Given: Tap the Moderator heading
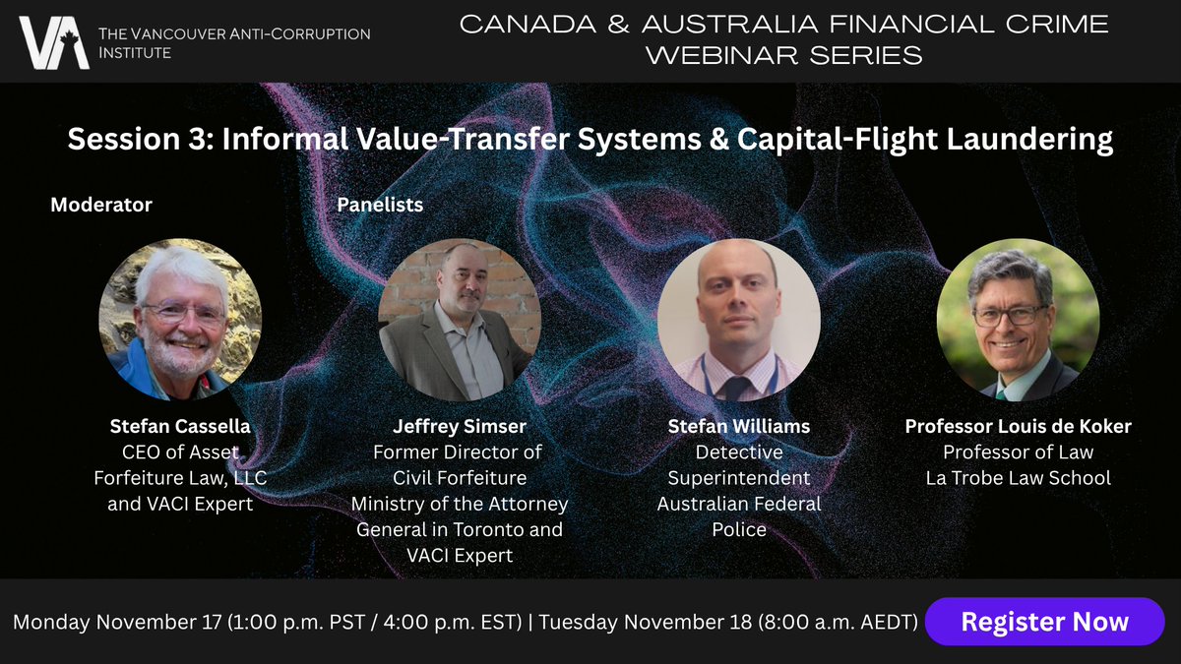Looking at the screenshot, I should pyautogui.click(x=101, y=205).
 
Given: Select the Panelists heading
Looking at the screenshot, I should pyautogui.click(x=380, y=205).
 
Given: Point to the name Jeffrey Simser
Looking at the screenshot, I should pyautogui.click(x=460, y=428).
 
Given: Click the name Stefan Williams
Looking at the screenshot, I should pyautogui.click(x=739, y=428).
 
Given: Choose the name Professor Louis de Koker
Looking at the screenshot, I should pyautogui.click(x=1018, y=428).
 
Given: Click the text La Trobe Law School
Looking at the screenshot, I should pyautogui.click(x=1018, y=478).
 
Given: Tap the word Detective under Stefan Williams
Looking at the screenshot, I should pyautogui.click(x=739, y=453).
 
